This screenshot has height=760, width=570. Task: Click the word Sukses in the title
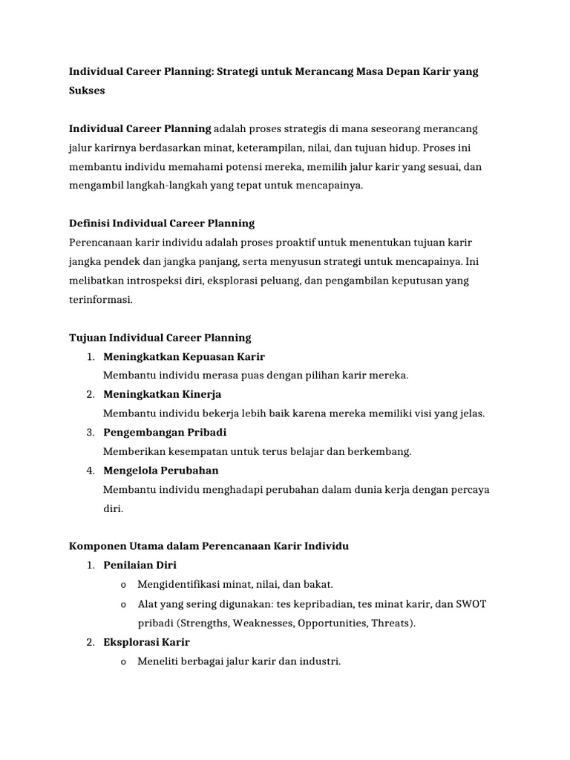(x=87, y=91)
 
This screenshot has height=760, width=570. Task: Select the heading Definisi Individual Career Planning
(x=161, y=223)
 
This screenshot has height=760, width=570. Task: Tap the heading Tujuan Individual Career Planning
(x=160, y=338)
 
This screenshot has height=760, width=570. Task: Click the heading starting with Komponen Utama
(x=209, y=546)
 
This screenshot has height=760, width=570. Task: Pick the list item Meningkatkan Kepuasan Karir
(x=184, y=357)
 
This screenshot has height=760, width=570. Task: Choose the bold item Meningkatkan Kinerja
(x=162, y=394)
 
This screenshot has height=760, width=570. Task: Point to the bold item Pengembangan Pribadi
(x=165, y=432)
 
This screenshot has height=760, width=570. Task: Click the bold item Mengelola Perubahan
(x=161, y=471)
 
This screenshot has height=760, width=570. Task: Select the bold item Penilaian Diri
(x=140, y=565)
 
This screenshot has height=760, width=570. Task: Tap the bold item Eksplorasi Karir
(x=147, y=642)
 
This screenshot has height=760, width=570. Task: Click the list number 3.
(x=89, y=432)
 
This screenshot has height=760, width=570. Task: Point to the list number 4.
(x=89, y=471)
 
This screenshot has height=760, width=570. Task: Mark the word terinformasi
(x=100, y=300)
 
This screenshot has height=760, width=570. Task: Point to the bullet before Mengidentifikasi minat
(x=122, y=585)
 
